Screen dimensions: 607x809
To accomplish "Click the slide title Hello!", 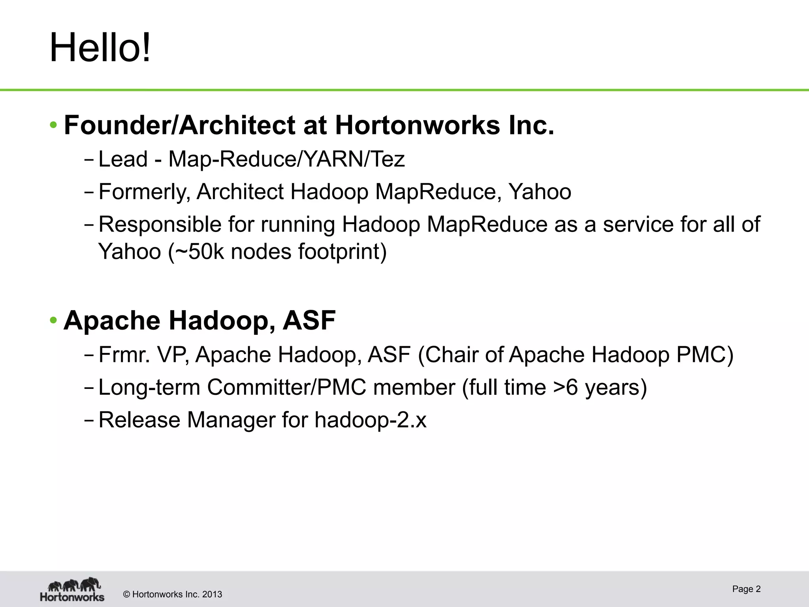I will pyautogui.click(x=100, y=48).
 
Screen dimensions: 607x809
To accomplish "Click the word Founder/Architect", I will pyautogui.click(x=179, y=125).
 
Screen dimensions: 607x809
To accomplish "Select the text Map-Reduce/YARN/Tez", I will pyautogui.click(x=286, y=159).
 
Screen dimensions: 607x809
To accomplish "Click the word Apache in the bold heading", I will pyautogui.click(x=112, y=320).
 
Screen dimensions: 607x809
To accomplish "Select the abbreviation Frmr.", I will pyautogui.click(x=124, y=354).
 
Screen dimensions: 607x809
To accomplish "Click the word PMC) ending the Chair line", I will pyautogui.click(x=704, y=354).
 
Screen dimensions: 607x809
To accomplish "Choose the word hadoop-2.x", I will pyautogui.click(x=370, y=420).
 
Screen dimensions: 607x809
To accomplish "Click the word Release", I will pyautogui.click(x=139, y=420).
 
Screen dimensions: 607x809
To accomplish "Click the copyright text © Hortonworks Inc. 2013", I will pyautogui.click(x=173, y=594).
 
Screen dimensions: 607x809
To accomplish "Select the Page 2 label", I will pyautogui.click(x=746, y=589).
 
